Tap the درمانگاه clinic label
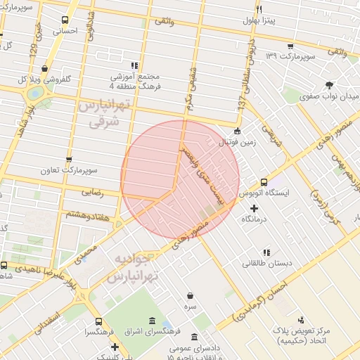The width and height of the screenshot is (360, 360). click(x=255, y=220)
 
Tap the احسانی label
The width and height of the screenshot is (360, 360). click(x=65, y=31)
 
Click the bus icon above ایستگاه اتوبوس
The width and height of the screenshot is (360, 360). click(x=264, y=181)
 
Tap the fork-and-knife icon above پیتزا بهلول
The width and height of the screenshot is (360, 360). click(x=259, y=9)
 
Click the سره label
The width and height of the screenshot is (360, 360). click(x=190, y=308)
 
